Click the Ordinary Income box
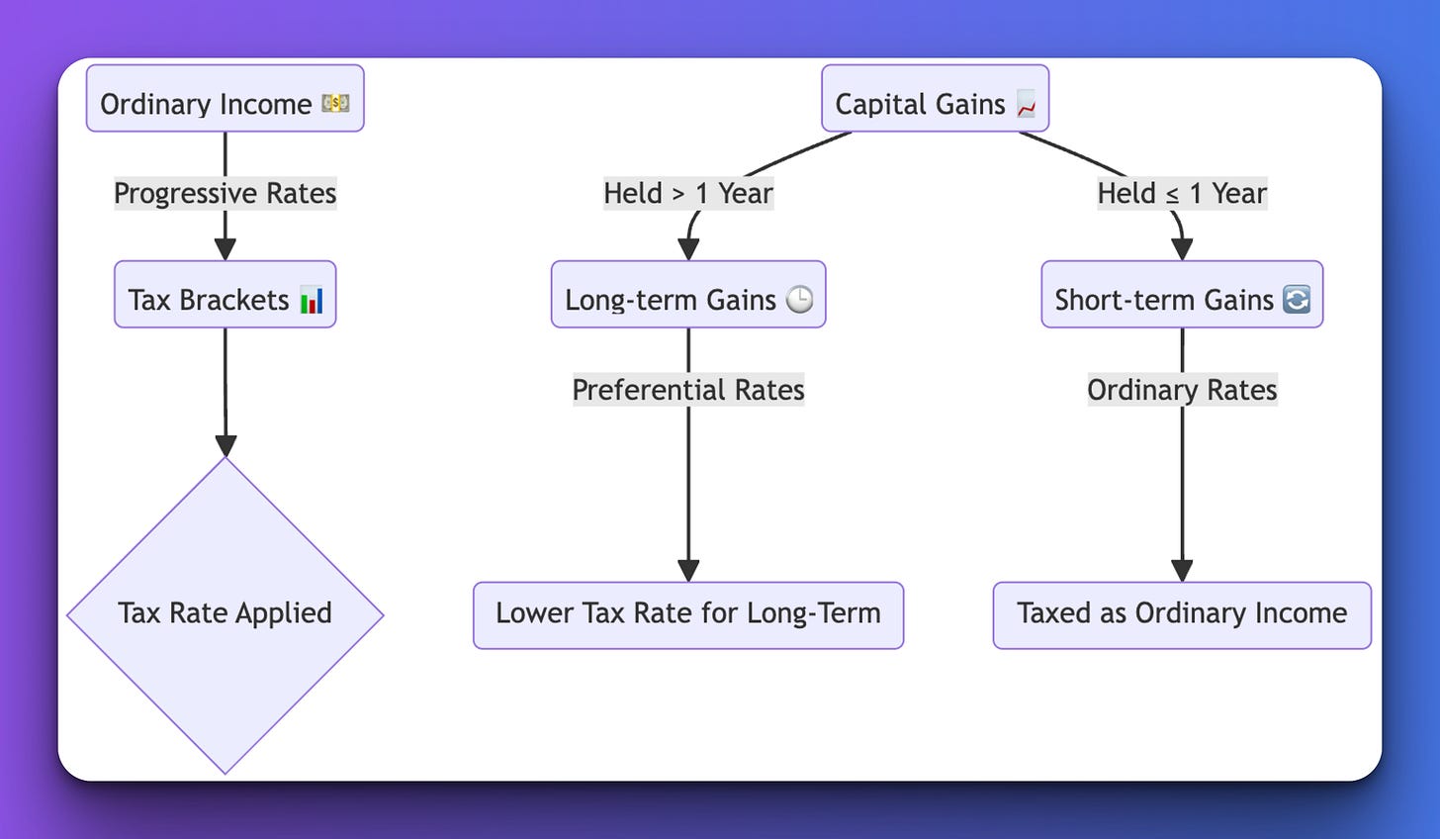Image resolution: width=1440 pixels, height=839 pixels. click(225, 99)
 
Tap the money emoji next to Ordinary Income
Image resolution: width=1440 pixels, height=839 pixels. click(335, 103)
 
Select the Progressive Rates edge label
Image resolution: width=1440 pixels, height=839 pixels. click(225, 193)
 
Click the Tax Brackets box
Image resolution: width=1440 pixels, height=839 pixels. click(225, 295)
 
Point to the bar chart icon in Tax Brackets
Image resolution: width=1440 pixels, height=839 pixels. click(312, 299)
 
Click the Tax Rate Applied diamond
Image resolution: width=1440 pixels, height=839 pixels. click(225, 614)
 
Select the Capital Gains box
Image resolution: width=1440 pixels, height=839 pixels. click(934, 99)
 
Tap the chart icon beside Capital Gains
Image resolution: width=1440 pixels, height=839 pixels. click(1026, 104)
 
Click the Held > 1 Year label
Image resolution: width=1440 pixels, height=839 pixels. click(688, 193)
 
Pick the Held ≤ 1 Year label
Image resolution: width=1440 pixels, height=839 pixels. click(1182, 193)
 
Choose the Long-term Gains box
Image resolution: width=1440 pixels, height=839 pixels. click(687, 295)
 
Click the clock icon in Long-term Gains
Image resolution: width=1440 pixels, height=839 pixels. click(799, 299)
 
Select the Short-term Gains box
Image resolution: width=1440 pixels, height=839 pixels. click(1181, 295)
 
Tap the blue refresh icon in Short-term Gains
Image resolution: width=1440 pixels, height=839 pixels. click(1296, 299)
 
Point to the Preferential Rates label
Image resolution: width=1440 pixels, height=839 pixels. click(688, 390)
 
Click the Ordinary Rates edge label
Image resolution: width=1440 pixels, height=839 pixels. click(1182, 390)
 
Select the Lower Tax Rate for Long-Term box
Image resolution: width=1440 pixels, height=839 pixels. click(688, 615)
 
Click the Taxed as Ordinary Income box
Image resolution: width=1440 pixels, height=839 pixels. click(1182, 615)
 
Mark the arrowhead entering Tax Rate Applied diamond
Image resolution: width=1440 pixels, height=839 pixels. click(225, 445)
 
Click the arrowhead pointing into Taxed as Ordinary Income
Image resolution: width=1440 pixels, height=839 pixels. click(1182, 570)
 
